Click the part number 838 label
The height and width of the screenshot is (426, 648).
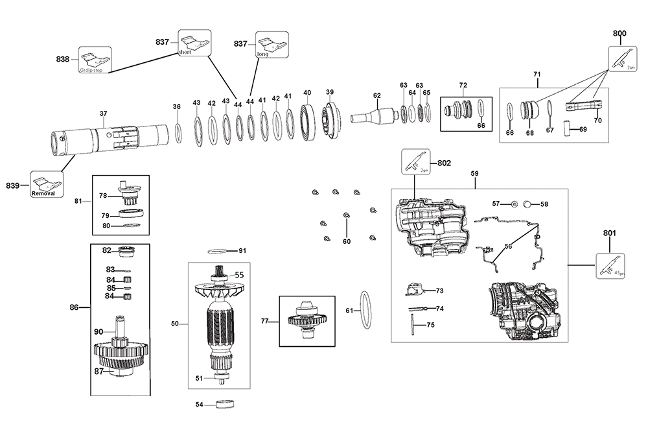pos(63,59)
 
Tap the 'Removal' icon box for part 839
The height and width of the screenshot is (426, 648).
pos(45,185)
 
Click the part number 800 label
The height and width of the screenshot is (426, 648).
pos(619,33)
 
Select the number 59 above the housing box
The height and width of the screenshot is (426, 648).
pos(475,174)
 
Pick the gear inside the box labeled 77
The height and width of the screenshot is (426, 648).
pos(307,320)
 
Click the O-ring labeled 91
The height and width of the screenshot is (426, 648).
pos(218,251)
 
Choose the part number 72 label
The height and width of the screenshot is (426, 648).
pos(463,86)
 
